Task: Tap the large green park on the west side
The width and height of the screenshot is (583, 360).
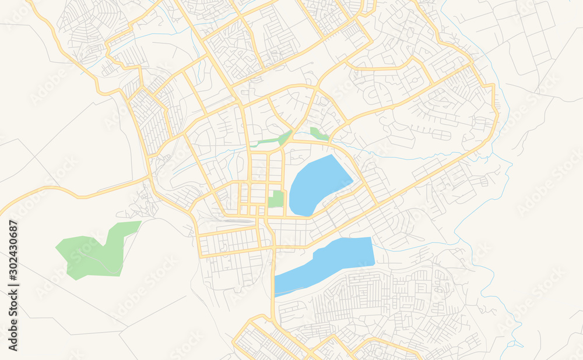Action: click(93, 253)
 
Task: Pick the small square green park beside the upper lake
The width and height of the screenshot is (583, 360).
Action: click(276, 199)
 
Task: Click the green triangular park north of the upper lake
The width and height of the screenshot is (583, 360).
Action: click(318, 134)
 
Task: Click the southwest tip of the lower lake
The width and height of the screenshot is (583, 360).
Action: click(276, 294)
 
